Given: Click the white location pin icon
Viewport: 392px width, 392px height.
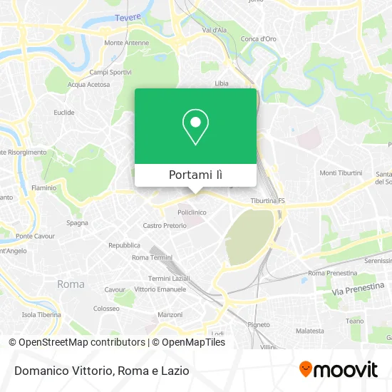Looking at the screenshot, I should click(195, 127).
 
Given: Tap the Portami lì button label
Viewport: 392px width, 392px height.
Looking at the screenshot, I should click(195, 175).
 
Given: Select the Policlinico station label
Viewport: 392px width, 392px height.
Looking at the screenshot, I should click(192, 212).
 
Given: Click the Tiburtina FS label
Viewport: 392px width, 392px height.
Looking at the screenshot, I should click(268, 201).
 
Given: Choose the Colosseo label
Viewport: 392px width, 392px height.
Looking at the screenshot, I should click(105, 309).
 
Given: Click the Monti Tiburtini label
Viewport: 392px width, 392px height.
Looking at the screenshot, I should click(341, 173).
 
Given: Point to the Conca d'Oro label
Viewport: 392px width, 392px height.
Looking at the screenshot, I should click(259, 38).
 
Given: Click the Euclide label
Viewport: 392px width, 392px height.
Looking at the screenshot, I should click(64, 112).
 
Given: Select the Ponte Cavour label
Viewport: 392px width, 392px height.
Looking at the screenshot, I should click(36, 236).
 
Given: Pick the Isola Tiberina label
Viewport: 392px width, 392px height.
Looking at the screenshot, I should click(41, 314).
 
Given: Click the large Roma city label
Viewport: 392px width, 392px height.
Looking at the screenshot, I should click(71, 284).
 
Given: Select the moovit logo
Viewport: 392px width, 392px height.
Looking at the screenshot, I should click(338, 369).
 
